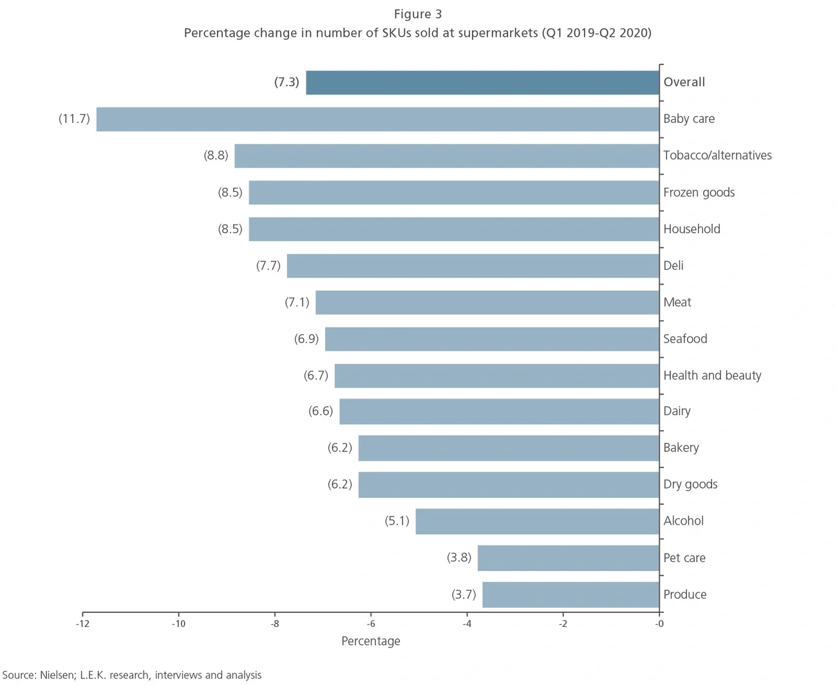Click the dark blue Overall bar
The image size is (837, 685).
tap(482, 82)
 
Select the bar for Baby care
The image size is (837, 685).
tap(378, 119)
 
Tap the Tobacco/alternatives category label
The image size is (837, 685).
tap(717, 155)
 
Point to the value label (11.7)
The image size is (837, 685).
tap(74, 118)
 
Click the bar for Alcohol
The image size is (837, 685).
tap(537, 521)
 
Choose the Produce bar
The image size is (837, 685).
tap(570, 594)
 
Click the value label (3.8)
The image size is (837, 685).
tap(459, 558)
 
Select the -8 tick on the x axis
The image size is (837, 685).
tap(275, 623)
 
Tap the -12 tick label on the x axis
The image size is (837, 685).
tap(82, 623)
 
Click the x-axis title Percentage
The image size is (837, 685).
tap(371, 641)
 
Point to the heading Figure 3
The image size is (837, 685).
tap(418, 14)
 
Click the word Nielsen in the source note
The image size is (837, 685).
tap(57, 675)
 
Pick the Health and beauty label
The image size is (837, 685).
tap(712, 375)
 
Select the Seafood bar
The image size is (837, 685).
tap(492, 339)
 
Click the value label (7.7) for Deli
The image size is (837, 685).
tap(268, 265)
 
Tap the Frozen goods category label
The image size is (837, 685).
tap(699, 192)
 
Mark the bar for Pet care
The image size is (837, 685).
tap(568, 558)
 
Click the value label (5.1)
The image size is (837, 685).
tap(397, 521)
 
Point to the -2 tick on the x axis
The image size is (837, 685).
tap(563, 623)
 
